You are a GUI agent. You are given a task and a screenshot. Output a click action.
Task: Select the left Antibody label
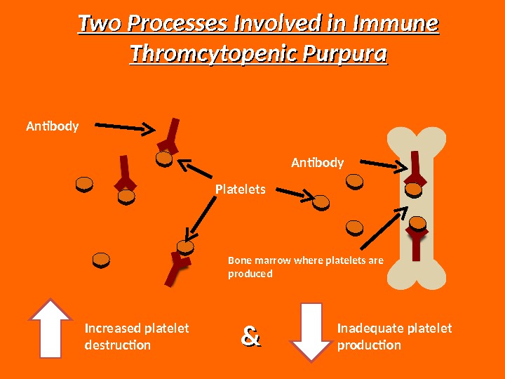coord(53,127)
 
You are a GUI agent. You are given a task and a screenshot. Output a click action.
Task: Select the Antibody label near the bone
coord(317,164)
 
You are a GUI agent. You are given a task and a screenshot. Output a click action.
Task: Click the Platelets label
coord(241,189)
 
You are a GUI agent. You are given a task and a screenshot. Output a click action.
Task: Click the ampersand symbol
coord(250,337)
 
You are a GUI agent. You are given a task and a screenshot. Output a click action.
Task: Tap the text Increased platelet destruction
coord(136,337)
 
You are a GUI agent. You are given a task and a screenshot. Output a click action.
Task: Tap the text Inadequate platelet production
coord(394,337)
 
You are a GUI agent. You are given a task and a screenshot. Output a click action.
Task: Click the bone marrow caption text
coord(306,267)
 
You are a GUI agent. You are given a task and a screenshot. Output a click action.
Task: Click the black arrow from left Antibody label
coord(124,126)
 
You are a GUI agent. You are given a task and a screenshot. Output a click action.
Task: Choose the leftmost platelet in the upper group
coord(84,185)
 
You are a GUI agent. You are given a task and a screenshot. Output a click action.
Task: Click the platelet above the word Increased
coord(101,260)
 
